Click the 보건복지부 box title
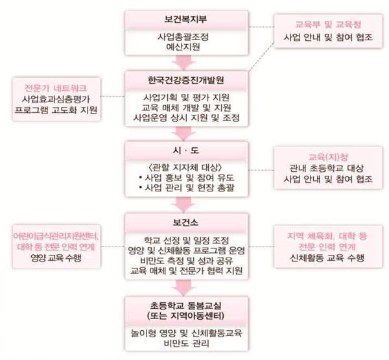tap(185, 19)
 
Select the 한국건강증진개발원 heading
tap(186, 80)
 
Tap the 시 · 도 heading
tap(186, 150)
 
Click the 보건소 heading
tap(185, 222)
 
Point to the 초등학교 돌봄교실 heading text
tap(186, 306)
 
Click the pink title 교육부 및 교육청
tap(328, 25)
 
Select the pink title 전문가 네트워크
tap(56, 88)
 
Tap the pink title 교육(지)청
tap(328, 157)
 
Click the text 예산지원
tap(183, 47)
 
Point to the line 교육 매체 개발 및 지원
tap(186, 108)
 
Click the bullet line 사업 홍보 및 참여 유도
tap(187, 178)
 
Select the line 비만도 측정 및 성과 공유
tap(186, 261)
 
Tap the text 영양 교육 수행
tap(56, 258)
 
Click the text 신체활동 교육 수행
tap(327, 258)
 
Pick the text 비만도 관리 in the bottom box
tap(186, 343)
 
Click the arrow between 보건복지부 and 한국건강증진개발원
tap(184, 63)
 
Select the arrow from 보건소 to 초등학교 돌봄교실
tap(184, 288)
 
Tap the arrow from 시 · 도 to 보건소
tap(184, 205)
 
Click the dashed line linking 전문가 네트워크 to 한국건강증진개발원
tap(113, 96)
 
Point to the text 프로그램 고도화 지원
tap(56, 110)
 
